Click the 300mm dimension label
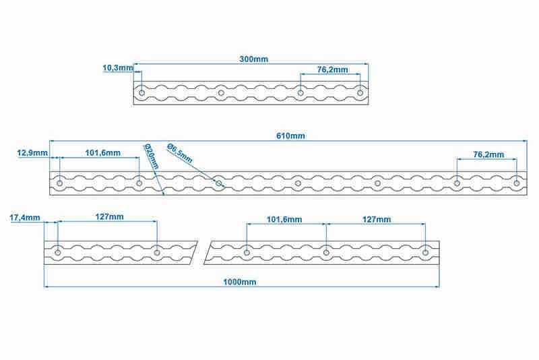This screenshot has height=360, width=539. [x=254, y=59]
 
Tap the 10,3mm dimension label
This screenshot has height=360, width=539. [x=118, y=68]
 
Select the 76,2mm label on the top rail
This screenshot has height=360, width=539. [x=332, y=70]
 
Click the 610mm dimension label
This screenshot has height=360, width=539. [x=290, y=136]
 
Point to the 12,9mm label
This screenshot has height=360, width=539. [x=32, y=152]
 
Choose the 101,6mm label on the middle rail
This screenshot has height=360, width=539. [x=103, y=152]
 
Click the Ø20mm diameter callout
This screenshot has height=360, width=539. [x=152, y=156]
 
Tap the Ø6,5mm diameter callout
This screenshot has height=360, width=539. [x=179, y=153]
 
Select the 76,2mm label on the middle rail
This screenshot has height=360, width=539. [x=488, y=155]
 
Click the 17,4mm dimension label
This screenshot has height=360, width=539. [x=25, y=218]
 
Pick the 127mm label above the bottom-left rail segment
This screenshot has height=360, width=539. [x=109, y=217]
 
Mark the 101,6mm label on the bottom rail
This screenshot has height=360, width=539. [x=284, y=219]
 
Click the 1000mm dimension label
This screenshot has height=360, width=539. [x=240, y=282]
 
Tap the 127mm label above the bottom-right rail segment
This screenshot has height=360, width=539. [x=377, y=219]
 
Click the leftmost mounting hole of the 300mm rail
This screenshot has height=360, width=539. [x=141, y=93]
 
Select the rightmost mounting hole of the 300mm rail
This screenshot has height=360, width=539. [x=360, y=93]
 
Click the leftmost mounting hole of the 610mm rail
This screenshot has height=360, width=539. [x=59, y=183]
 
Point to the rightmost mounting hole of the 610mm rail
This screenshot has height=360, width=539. [x=516, y=183]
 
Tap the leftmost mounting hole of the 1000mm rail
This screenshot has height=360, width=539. [x=58, y=253]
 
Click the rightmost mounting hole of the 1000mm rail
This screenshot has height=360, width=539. [x=425, y=253]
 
